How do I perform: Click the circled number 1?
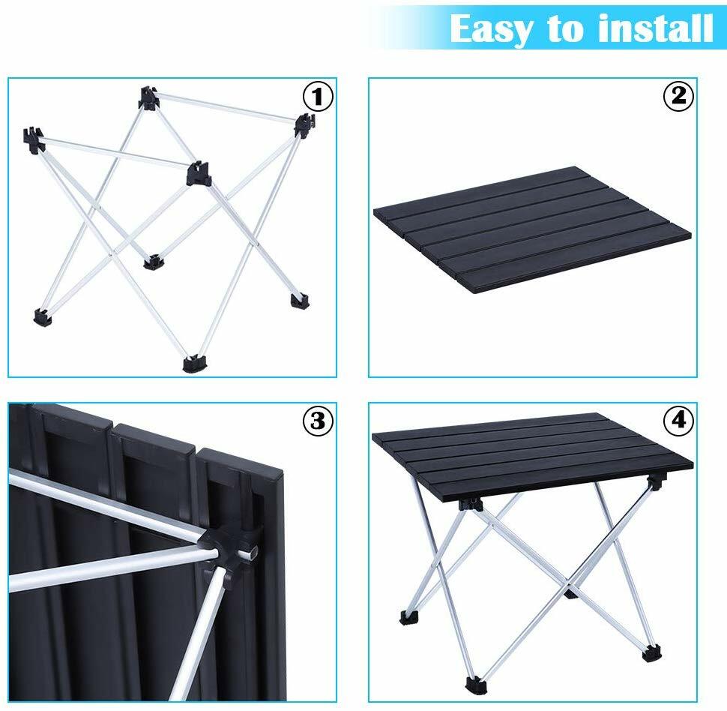(x=317, y=96)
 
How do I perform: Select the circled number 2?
(x=678, y=96)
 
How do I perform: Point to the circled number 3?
(x=317, y=421)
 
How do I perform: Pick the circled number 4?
(x=678, y=421)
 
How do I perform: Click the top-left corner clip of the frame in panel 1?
(x=32, y=139)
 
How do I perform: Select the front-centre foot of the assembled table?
(x=474, y=684)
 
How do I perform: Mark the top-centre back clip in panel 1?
(x=148, y=97)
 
